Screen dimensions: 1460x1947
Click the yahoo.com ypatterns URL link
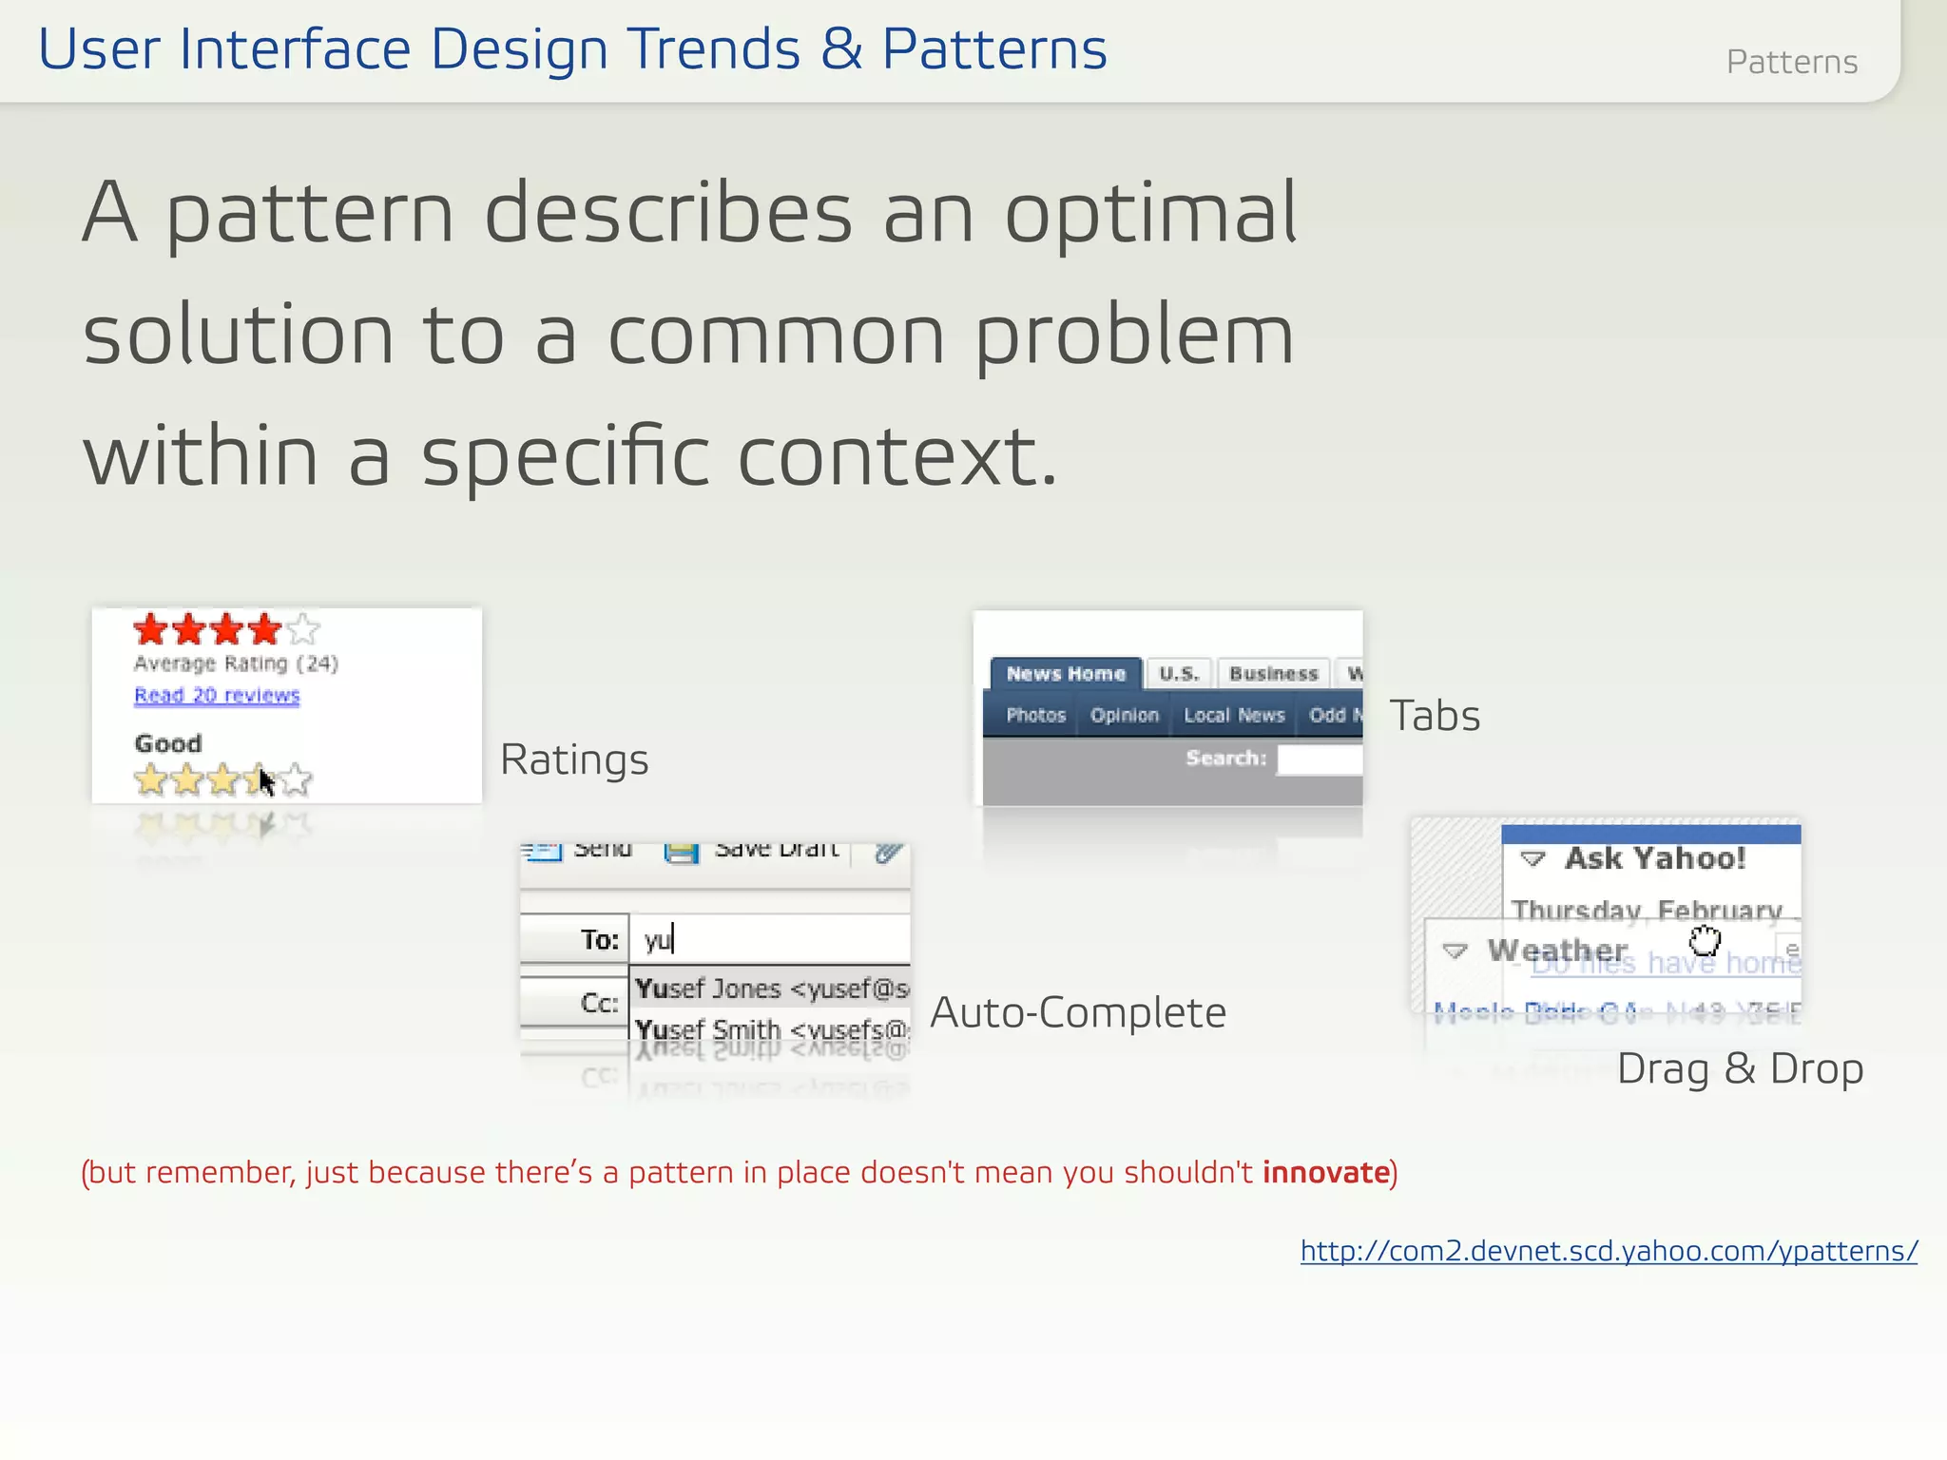(x=1609, y=1251)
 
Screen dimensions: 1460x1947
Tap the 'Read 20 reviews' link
(x=217, y=696)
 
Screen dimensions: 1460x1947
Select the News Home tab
(x=1066, y=674)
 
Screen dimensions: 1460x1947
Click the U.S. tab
(x=1179, y=674)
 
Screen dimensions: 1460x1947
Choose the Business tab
(x=1273, y=674)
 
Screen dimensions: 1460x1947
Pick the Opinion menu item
(x=1124, y=716)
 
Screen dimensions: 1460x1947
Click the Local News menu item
(x=1234, y=716)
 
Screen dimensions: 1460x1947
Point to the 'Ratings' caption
(x=574, y=759)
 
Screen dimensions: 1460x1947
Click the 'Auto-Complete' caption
(x=1078, y=1013)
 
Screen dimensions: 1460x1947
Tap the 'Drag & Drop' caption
(x=1740, y=1069)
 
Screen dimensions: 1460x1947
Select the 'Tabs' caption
(x=1435, y=716)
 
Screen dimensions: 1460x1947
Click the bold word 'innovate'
(x=1325, y=1173)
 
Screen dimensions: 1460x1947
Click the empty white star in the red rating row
(x=303, y=629)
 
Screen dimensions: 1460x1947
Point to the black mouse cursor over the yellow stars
(x=266, y=782)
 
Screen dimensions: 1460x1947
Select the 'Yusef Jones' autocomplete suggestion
(x=770, y=989)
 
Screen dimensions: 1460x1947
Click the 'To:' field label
(x=599, y=940)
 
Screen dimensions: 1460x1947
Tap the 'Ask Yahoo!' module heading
(x=1654, y=858)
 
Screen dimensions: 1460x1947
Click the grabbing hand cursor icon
(x=1705, y=941)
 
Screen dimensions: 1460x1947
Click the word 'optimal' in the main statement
(x=1150, y=213)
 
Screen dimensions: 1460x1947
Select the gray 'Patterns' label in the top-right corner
(x=1791, y=63)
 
